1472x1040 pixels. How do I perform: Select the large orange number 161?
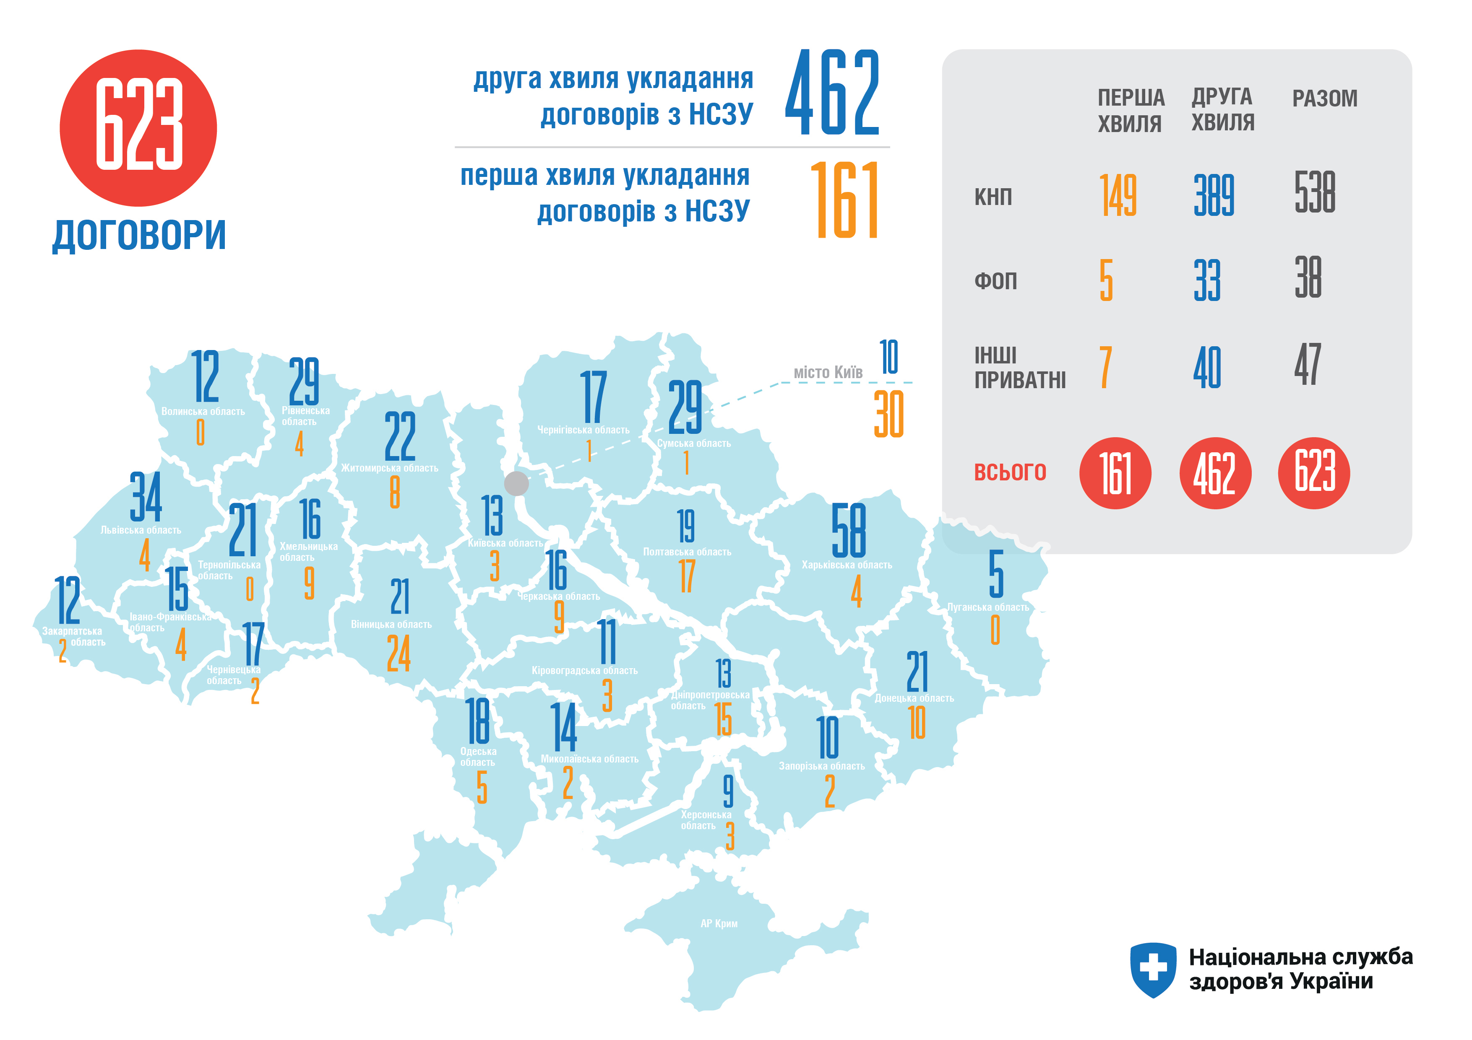(x=845, y=200)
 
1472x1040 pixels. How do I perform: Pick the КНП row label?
(x=993, y=197)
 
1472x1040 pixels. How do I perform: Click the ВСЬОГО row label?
(x=1010, y=472)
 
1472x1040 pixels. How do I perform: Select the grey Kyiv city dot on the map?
(x=516, y=483)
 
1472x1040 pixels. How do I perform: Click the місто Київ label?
(x=828, y=372)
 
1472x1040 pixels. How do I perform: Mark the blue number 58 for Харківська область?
(x=848, y=531)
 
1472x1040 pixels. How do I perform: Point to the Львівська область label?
(x=141, y=530)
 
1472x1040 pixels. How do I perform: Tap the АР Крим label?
(x=719, y=923)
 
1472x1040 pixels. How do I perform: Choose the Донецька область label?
(x=914, y=698)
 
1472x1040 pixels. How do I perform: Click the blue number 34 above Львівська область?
(x=146, y=497)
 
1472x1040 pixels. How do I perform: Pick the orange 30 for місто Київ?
(x=888, y=415)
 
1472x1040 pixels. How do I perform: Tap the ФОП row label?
(x=995, y=281)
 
